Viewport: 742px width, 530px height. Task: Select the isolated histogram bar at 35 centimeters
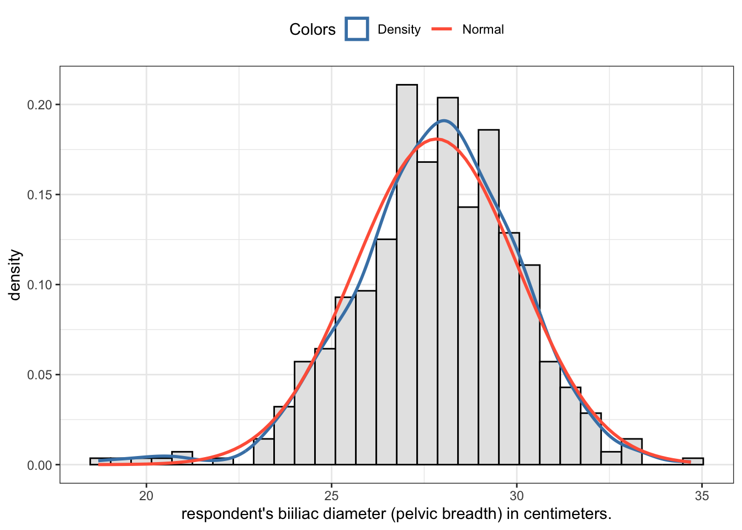click(x=692, y=462)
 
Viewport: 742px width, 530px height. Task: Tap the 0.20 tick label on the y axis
click(x=40, y=105)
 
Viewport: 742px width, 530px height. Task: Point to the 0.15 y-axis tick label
click(x=40, y=195)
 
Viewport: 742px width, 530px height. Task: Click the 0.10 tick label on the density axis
click(x=40, y=285)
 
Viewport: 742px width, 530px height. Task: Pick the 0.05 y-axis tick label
click(x=40, y=375)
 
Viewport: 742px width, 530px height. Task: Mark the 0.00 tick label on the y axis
click(x=40, y=465)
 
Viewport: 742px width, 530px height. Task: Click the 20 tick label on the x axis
click(x=146, y=495)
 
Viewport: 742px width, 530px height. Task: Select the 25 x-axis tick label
click(x=331, y=495)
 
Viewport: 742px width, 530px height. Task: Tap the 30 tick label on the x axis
click(x=517, y=495)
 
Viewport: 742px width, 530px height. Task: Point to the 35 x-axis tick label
click(x=702, y=495)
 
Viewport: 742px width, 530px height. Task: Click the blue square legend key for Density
click(x=357, y=29)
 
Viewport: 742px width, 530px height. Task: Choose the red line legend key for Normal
click(x=442, y=29)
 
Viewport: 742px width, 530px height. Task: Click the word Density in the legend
click(x=399, y=30)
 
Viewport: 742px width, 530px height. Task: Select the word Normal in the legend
click(x=483, y=30)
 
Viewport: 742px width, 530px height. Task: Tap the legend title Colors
click(x=312, y=30)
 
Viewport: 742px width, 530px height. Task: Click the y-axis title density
click(x=15, y=275)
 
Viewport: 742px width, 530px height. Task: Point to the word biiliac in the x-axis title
click(x=299, y=514)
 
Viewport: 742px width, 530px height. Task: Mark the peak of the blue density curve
click(x=444, y=120)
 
